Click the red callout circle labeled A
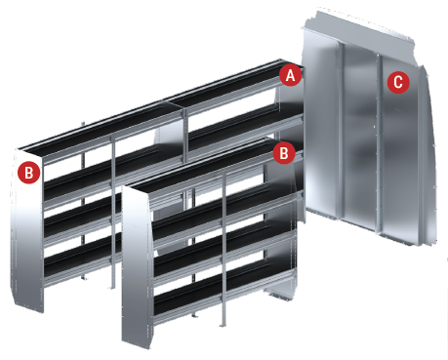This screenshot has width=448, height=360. point(291,75)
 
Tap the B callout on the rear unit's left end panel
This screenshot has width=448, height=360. point(29,173)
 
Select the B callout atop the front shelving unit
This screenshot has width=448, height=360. point(284,152)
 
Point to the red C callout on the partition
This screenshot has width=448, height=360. point(398,82)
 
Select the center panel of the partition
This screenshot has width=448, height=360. point(359,137)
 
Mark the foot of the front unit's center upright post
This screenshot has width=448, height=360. point(224,324)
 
